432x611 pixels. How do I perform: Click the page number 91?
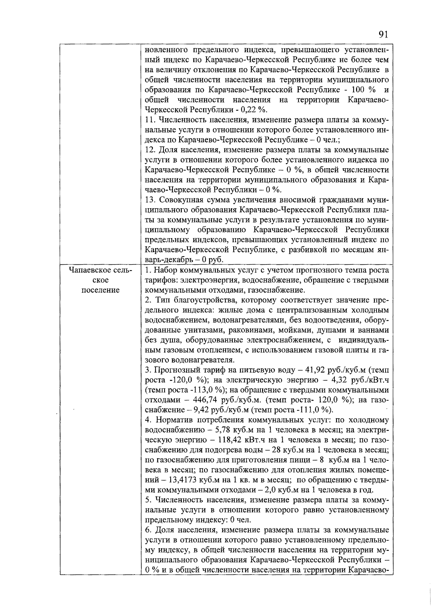pyautogui.click(x=383, y=35)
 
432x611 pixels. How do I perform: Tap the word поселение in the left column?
pyautogui.click(x=100, y=290)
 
